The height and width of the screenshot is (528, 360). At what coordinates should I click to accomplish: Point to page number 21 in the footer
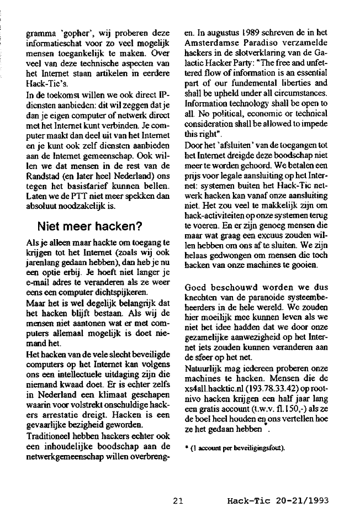coord(177,501)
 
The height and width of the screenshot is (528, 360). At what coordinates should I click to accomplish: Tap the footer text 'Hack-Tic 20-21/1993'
coord(278,501)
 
